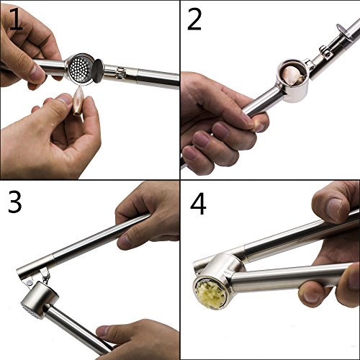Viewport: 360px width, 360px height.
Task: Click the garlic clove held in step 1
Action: tap(78, 103)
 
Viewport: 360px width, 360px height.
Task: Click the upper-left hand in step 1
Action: tap(29, 54)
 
